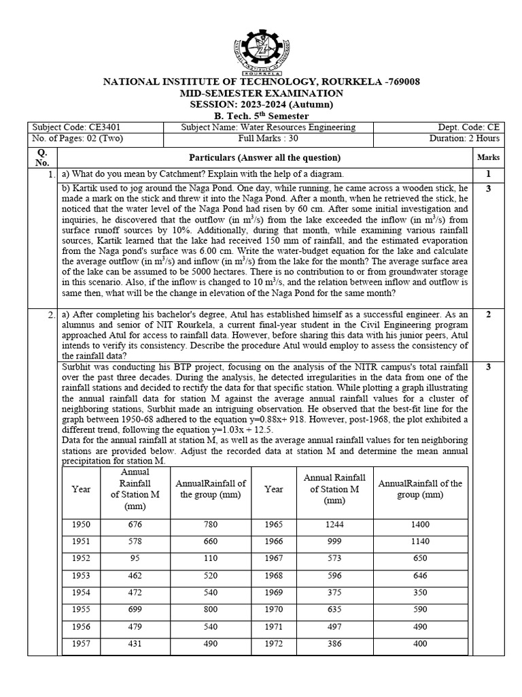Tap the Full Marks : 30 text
pos(261,138)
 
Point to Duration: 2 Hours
pos(464,138)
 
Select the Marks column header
pos(488,157)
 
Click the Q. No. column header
pos(42,157)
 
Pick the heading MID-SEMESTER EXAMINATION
pos(261,93)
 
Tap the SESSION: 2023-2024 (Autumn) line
pos(261,104)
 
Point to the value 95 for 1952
pos(135,558)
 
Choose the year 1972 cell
pos(274,644)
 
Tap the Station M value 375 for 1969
pos(334,592)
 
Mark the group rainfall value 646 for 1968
pos(420,575)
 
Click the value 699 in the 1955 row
pos(135,610)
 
